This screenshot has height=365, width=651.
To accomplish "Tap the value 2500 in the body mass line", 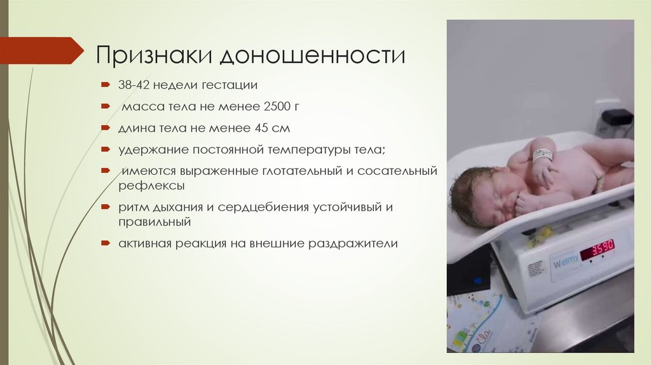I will coord(270,106).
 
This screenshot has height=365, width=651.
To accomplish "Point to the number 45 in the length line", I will coord(262,128).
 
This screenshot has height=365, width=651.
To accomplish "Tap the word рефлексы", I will coord(151,186).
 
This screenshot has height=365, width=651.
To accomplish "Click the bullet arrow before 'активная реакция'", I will coord(106,244).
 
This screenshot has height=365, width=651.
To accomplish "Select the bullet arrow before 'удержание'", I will coord(106,150).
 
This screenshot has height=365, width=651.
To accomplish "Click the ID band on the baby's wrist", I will coord(542,155).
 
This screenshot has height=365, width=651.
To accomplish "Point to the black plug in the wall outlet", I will coord(617,117).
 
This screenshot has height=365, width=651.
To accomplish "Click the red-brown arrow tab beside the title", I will coord(41,50).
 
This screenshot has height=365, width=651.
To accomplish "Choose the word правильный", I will coord(154,222).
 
